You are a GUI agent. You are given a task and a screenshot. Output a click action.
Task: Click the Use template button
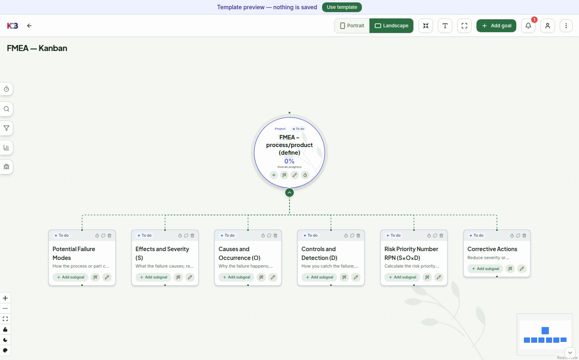342,7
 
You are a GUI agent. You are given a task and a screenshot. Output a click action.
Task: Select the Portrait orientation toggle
352,26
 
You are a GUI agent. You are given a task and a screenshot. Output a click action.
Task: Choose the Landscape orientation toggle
391,26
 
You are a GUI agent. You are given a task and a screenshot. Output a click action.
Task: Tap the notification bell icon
528,26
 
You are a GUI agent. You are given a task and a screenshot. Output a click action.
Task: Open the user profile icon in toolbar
548,26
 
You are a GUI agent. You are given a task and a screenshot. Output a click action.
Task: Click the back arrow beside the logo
29,26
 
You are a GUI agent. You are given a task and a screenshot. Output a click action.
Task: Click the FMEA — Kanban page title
37,48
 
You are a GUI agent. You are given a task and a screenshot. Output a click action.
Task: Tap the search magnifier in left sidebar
6,109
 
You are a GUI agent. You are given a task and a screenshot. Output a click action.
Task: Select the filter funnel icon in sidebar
6,128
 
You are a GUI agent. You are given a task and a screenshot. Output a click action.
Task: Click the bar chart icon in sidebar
6,147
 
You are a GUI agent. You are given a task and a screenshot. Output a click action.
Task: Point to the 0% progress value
289,161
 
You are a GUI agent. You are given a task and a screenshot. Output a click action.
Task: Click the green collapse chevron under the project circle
289,192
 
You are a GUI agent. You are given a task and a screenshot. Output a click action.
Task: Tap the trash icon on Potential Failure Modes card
109,235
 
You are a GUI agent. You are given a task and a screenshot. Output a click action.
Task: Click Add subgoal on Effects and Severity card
153,277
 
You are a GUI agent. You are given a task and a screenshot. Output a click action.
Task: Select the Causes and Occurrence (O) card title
239,254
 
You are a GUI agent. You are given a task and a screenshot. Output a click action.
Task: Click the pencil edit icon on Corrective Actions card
522,268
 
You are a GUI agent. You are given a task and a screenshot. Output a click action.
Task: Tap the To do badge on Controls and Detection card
310,235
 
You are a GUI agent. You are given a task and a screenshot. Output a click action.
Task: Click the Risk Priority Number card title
411,254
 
